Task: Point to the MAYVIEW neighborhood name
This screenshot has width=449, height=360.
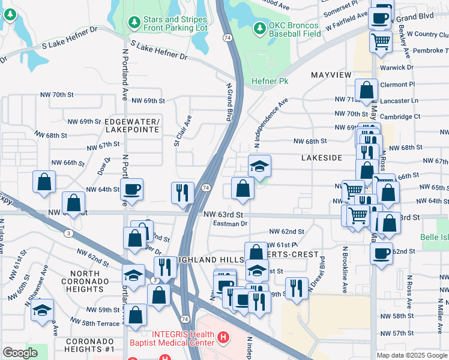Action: click(x=331, y=75)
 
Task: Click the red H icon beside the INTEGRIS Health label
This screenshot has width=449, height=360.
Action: click(x=223, y=338)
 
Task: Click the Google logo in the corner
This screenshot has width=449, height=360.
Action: click(x=20, y=352)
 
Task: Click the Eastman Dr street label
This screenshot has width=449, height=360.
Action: click(x=230, y=223)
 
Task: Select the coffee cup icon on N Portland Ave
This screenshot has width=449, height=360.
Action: click(x=132, y=189)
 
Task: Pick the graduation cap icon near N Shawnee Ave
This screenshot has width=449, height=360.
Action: click(x=42, y=310)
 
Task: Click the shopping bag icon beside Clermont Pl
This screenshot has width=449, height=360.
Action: click(x=366, y=90)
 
